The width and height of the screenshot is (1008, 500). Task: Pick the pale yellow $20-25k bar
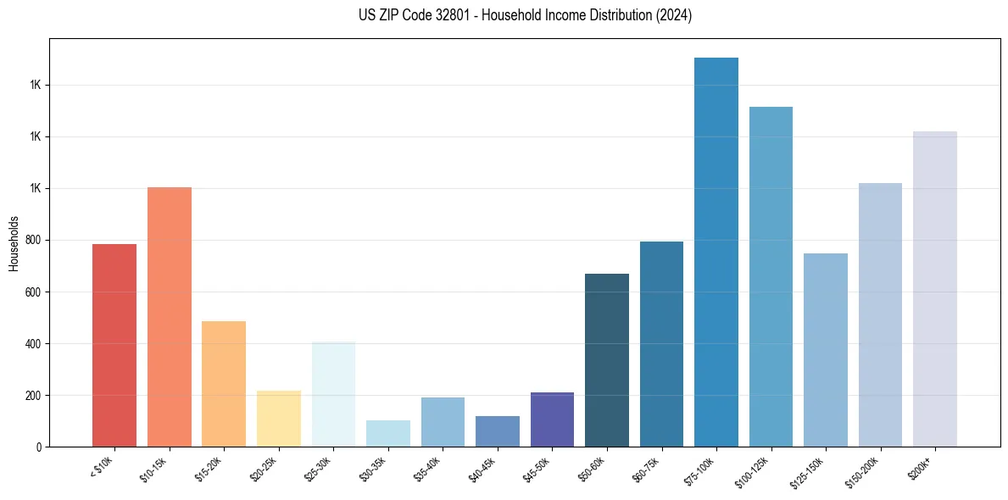[x=279, y=418]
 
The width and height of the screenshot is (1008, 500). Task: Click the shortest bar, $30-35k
[x=388, y=433]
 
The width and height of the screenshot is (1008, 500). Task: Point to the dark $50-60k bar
[x=607, y=360]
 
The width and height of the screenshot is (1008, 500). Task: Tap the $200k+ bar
[x=935, y=289]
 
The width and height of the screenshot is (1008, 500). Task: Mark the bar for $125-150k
[x=826, y=349]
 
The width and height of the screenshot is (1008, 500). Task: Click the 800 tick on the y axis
[x=36, y=240]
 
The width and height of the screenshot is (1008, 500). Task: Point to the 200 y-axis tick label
[x=36, y=395]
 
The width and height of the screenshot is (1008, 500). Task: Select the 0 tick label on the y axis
[x=39, y=447]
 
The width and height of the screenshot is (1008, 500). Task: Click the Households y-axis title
[x=14, y=243]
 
